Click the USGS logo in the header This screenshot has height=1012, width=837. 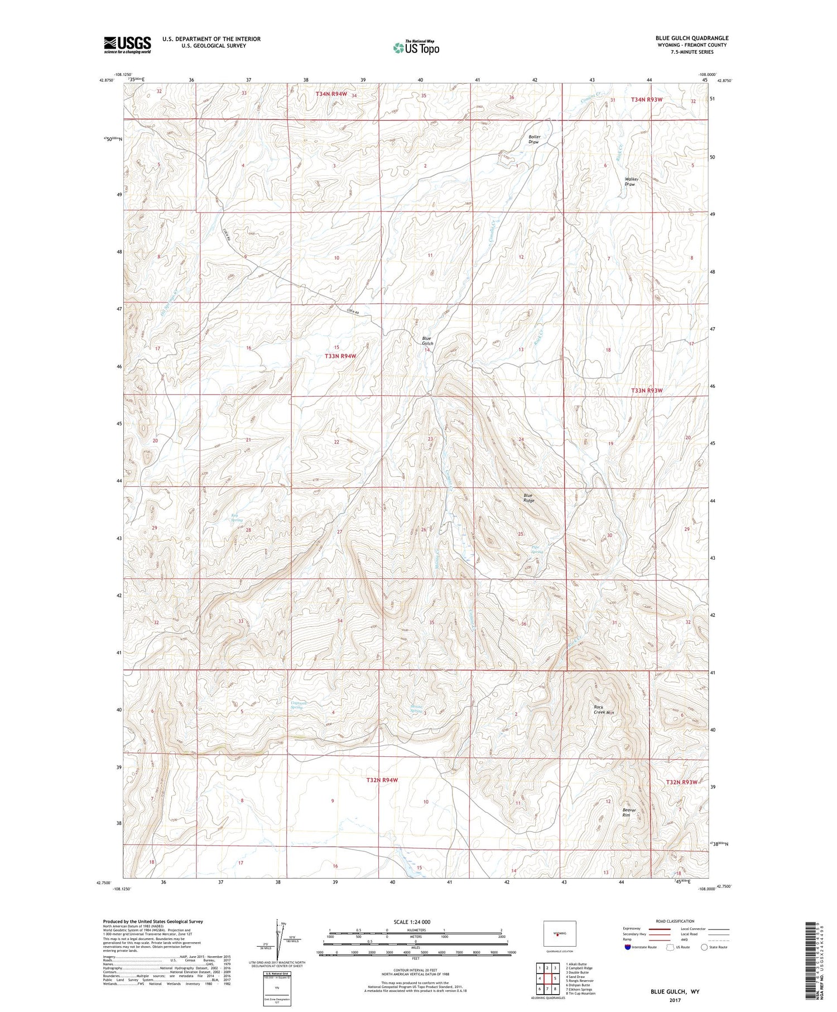[x=127, y=45]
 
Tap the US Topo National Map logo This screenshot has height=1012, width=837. [x=416, y=47]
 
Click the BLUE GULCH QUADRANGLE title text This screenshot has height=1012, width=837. [x=691, y=38]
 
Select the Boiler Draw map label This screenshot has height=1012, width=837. [x=534, y=140]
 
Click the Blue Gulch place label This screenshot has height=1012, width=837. [x=427, y=340]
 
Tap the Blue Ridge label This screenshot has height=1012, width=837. [x=528, y=498]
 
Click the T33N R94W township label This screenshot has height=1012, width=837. [x=340, y=356]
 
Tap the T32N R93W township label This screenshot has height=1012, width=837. [x=681, y=782]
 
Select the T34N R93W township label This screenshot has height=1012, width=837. [x=646, y=99]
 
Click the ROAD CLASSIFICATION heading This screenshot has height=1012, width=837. [x=675, y=921]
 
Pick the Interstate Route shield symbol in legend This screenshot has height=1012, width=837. [x=629, y=947]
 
